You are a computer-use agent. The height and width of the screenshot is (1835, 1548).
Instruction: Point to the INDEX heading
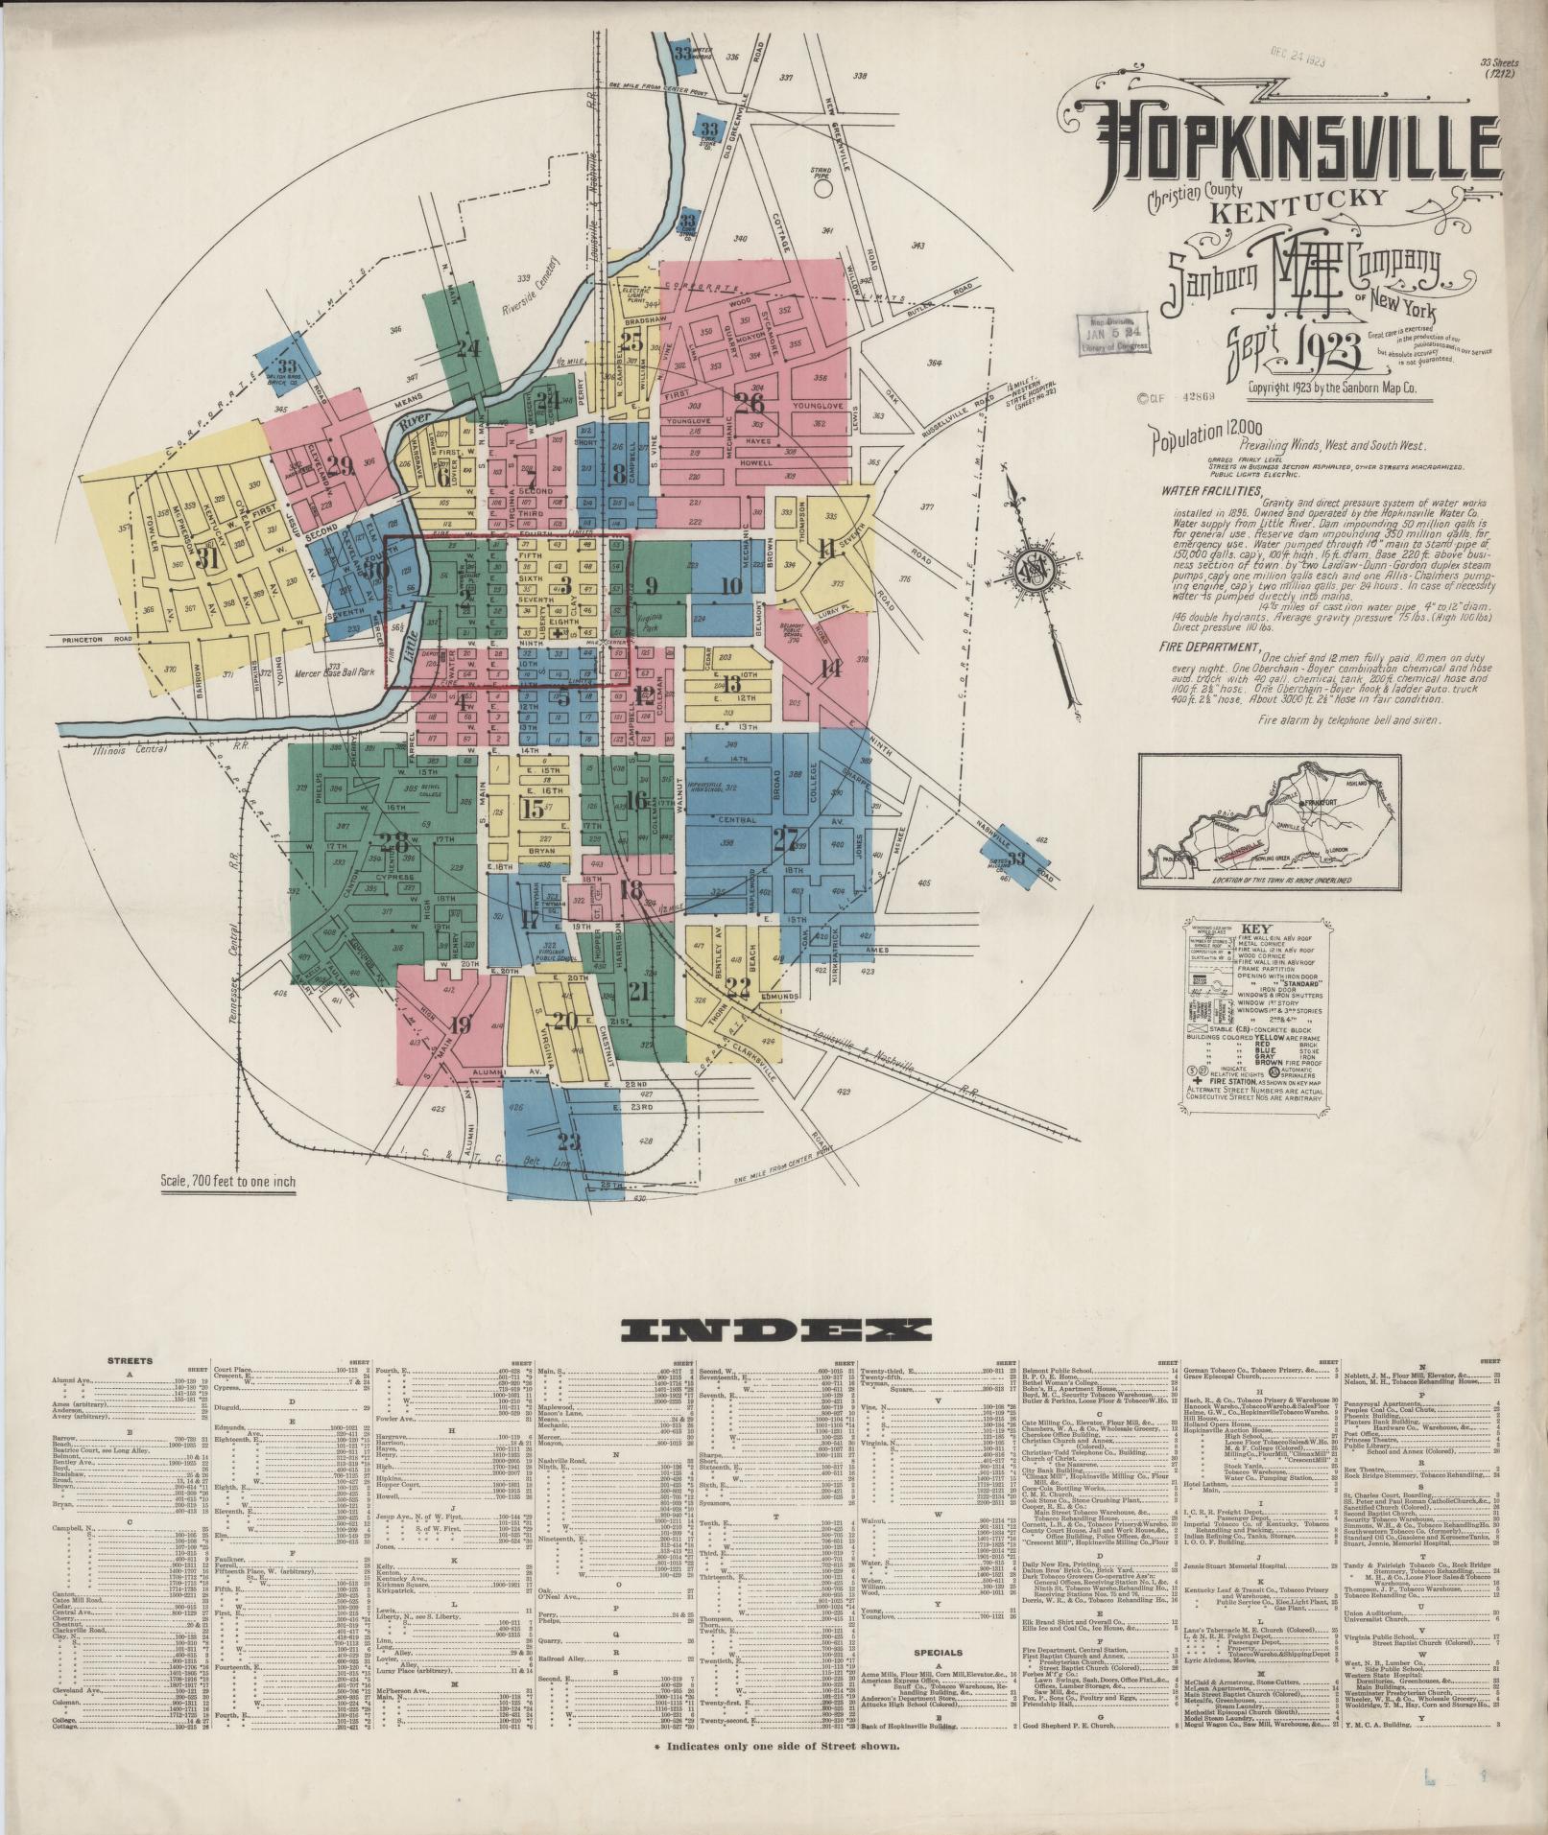coord(775,1329)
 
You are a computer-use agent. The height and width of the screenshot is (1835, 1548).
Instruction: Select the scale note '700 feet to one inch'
coord(228,1182)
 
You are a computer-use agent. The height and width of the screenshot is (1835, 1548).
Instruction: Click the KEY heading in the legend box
coord(1255,929)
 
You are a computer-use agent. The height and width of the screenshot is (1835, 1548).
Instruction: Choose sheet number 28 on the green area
coord(393,843)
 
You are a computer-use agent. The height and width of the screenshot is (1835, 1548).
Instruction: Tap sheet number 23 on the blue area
coord(569,1141)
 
